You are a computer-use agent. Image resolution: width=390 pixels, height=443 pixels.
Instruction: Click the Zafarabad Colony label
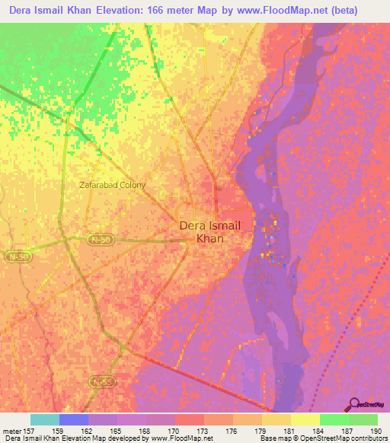111,185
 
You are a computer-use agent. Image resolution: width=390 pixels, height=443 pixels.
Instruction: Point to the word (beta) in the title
363,10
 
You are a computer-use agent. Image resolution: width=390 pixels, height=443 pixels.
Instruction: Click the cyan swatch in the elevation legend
44,419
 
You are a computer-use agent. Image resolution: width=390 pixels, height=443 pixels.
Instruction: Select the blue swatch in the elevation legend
73,419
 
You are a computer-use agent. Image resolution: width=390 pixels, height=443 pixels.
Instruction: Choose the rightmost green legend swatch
363,419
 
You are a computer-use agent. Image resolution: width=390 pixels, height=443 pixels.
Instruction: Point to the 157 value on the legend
30,431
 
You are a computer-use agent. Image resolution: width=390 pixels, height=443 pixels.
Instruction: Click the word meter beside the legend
11,431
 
